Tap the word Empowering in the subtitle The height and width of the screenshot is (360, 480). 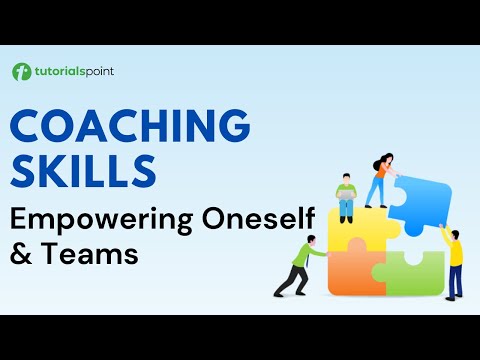tap(96, 216)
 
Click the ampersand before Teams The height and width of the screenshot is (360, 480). tap(20, 254)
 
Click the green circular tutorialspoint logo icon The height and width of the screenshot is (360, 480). tap(21, 72)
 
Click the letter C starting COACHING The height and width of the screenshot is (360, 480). tap(29, 126)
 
